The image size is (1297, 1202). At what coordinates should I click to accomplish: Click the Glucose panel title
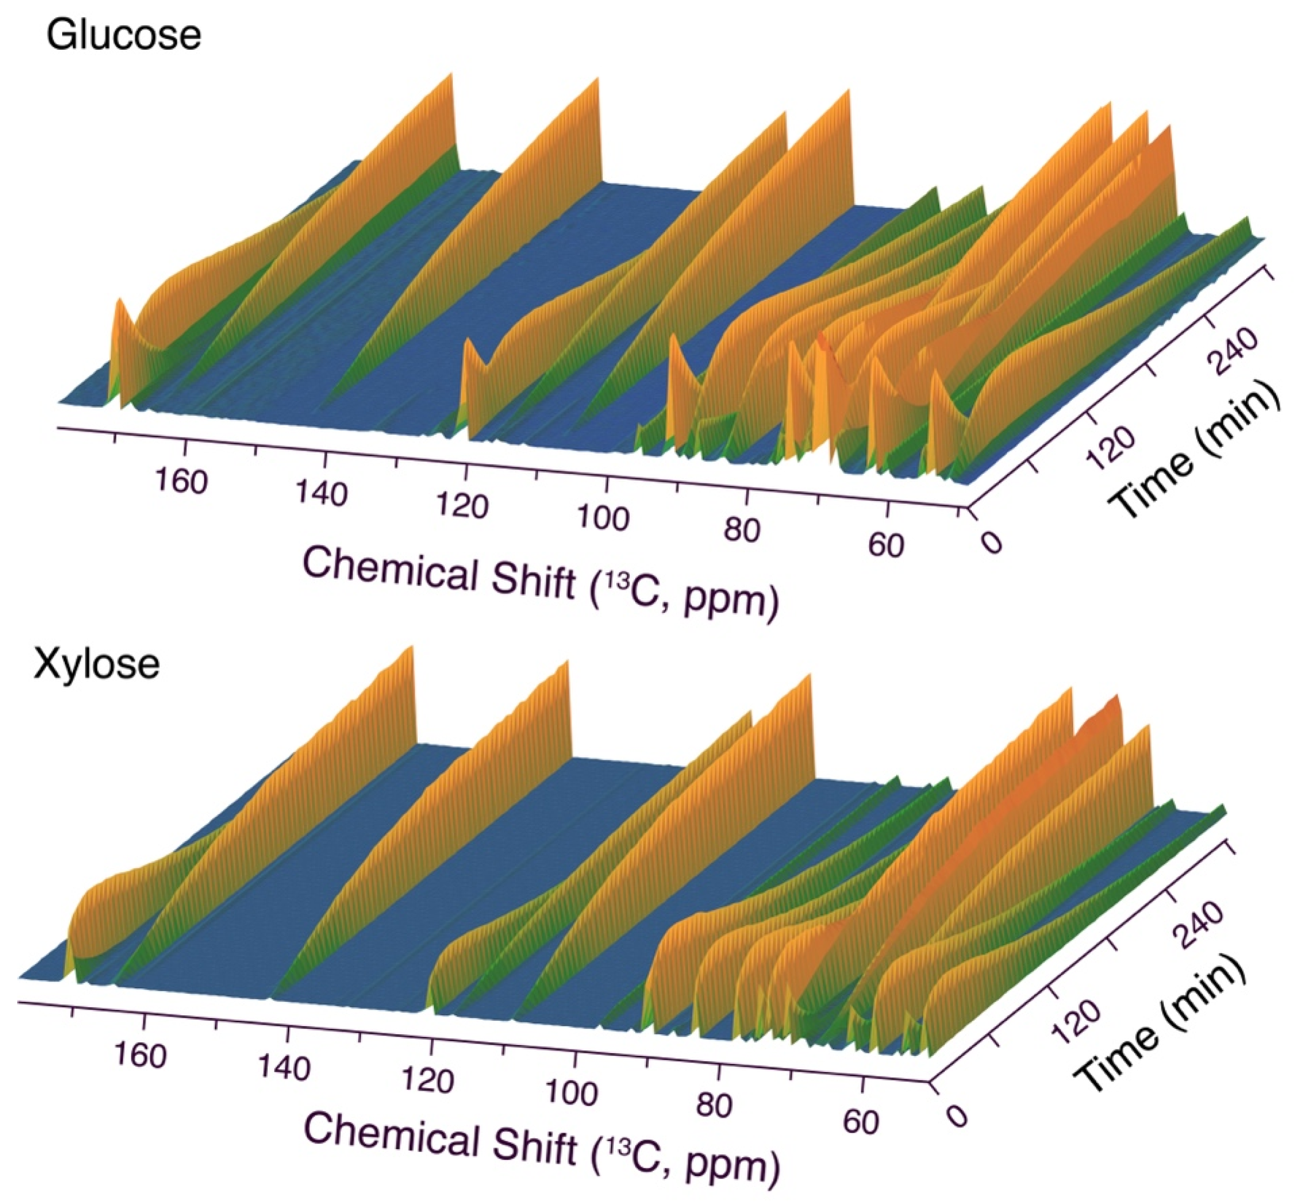pyautogui.click(x=123, y=35)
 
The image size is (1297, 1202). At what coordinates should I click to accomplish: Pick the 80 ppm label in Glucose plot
pyautogui.click(x=741, y=531)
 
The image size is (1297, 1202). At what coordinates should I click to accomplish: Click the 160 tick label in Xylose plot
pyautogui.click(x=140, y=1054)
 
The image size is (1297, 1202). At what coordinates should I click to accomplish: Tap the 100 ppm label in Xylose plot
pyautogui.click(x=572, y=1093)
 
